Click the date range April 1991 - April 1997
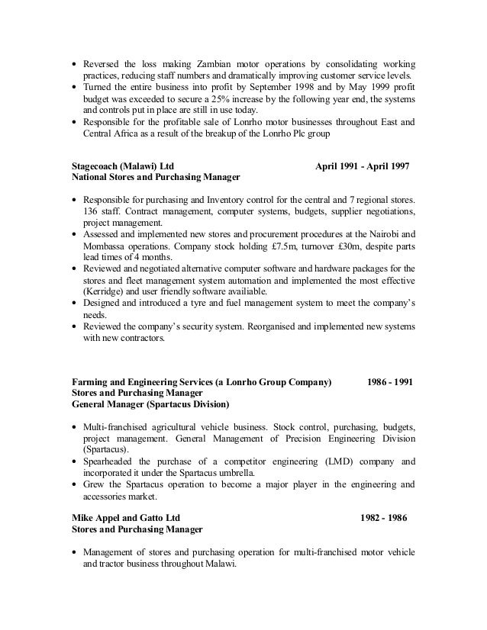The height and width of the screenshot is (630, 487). [363, 164]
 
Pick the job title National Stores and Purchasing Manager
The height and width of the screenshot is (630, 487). [156, 176]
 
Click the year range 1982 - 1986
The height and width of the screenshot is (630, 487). [384, 516]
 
